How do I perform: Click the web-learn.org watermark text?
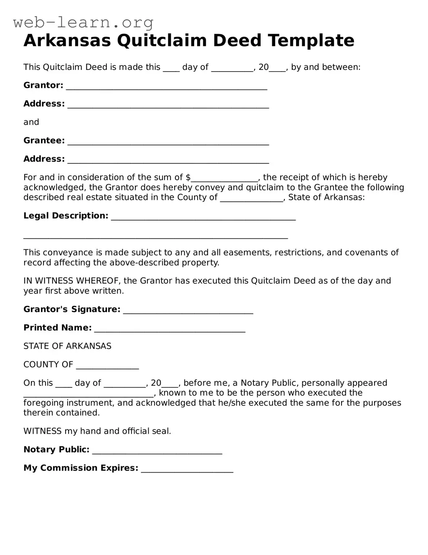[x=83, y=22]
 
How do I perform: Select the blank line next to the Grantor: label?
[x=167, y=87]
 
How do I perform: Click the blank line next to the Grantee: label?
[x=168, y=142]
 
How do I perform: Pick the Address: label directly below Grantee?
[x=44, y=159]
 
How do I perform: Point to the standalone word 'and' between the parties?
[x=31, y=122]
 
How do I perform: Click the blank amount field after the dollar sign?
[x=225, y=179]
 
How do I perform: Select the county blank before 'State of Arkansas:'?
[x=251, y=199]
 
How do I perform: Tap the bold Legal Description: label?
[x=66, y=216]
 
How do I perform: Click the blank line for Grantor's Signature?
[x=188, y=311]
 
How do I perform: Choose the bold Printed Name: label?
[x=57, y=328]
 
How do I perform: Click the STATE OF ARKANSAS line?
[x=67, y=346]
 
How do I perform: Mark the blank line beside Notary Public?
[x=157, y=451]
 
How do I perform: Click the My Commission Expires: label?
[x=81, y=468]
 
